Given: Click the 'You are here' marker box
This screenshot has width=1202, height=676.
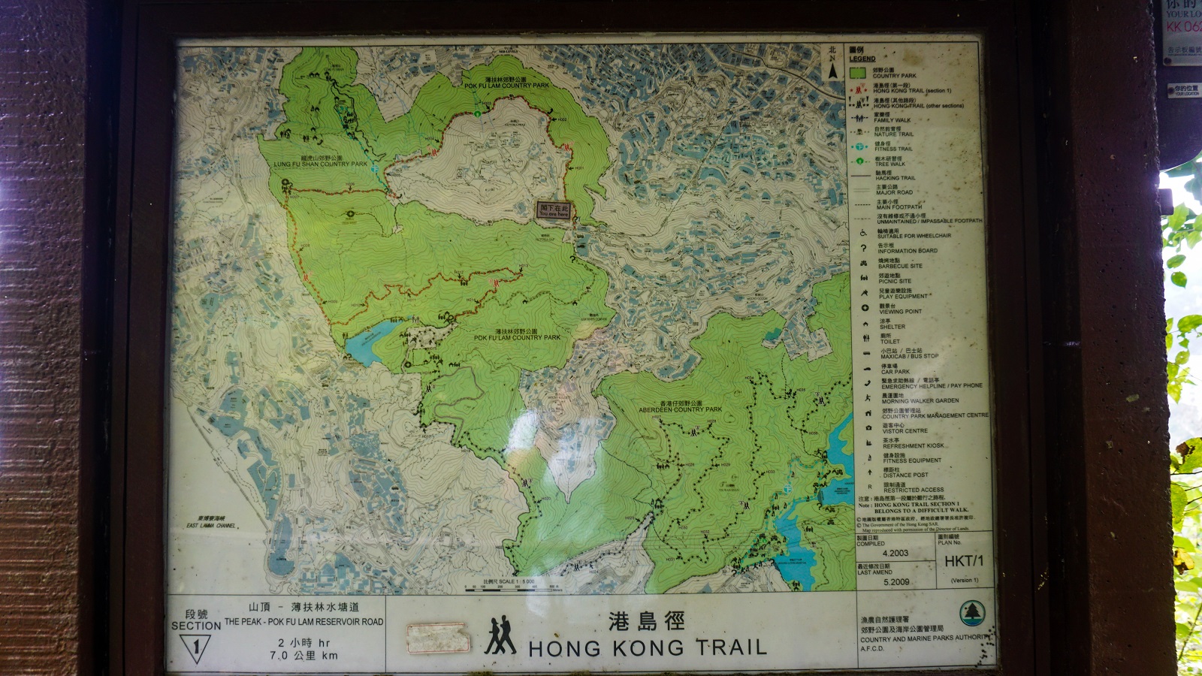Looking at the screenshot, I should click(554, 210).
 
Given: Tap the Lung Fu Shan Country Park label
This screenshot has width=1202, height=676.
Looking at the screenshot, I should click(321, 161).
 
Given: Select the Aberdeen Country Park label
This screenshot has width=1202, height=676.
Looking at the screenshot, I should click(680, 407).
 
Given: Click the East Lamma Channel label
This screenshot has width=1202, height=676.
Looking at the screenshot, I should click(211, 523).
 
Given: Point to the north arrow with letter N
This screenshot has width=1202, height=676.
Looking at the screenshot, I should click(832, 65).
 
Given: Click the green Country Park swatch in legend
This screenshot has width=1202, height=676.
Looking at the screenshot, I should click(857, 73).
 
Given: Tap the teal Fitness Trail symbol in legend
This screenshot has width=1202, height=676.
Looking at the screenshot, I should click(860, 146).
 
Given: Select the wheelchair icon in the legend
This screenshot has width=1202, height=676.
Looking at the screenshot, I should click(863, 234).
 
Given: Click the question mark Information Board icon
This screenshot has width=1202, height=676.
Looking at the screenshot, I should click(863, 249).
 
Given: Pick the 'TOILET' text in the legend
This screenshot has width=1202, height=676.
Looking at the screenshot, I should click(890, 341).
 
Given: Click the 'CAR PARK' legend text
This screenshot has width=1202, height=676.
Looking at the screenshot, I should click(895, 371).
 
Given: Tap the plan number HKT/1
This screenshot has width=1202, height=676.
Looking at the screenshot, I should click(964, 561).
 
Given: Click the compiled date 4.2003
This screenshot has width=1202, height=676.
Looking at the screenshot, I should click(895, 553).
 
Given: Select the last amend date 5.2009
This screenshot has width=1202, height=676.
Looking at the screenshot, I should click(896, 581).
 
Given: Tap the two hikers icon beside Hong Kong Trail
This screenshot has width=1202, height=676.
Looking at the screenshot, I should click(500, 636).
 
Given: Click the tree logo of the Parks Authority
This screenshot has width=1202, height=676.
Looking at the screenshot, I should click(971, 614).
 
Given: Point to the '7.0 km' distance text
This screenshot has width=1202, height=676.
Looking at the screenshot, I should click(304, 655).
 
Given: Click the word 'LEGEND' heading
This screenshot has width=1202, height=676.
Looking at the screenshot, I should click(862, 59).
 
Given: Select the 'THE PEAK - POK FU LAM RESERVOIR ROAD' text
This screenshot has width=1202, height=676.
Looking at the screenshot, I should click(304, 622).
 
